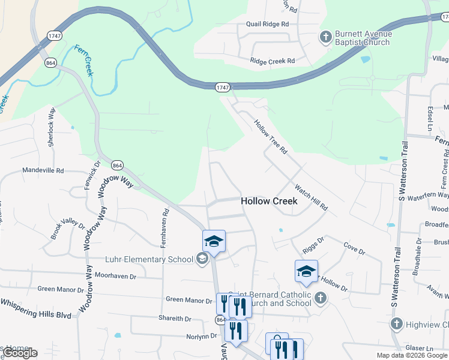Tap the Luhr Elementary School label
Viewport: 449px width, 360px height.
coord(149,259)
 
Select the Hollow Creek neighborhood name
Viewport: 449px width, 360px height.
coord(269,202)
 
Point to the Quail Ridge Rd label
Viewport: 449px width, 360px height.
coord(267,24)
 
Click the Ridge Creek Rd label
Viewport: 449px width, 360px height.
coord(273,61)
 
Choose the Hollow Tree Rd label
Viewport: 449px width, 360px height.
coord(271,136)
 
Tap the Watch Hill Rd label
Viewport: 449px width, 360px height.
coord(311,196)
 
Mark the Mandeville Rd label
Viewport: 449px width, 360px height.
coord(43,170)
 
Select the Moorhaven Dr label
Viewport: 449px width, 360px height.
coord(116,277)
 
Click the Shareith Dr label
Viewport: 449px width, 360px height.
coord(175,319)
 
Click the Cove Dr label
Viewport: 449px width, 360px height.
coord(350,245)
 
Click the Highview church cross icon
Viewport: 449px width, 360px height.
coord(396,325)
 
